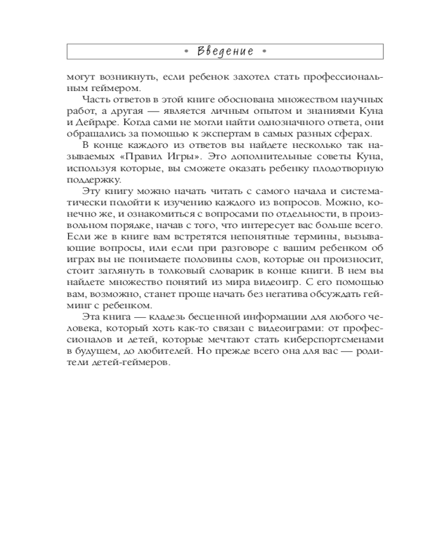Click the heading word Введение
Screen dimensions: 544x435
[225, 52]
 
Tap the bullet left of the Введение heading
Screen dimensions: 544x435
[186, 52]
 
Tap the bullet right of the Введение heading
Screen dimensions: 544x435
[264, 52]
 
